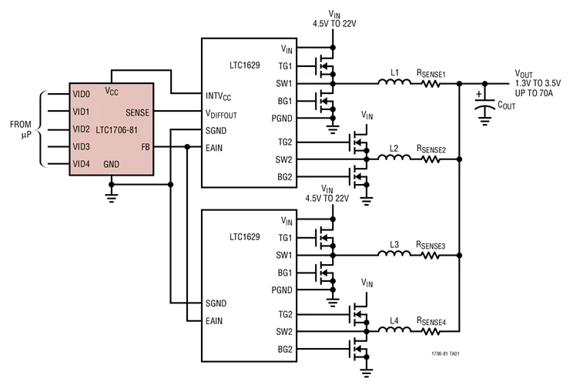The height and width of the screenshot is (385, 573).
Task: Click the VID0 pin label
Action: [x=81, y=95]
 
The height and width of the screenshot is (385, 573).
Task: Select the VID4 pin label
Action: [x=81, y=163]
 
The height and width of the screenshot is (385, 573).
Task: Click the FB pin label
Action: [x=145, y=146]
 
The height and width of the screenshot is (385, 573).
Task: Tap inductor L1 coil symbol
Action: [x=394, y=83]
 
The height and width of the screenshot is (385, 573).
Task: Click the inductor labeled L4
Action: [x=394, y=332]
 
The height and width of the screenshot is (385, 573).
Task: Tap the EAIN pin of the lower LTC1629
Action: [x=216, y=319]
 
